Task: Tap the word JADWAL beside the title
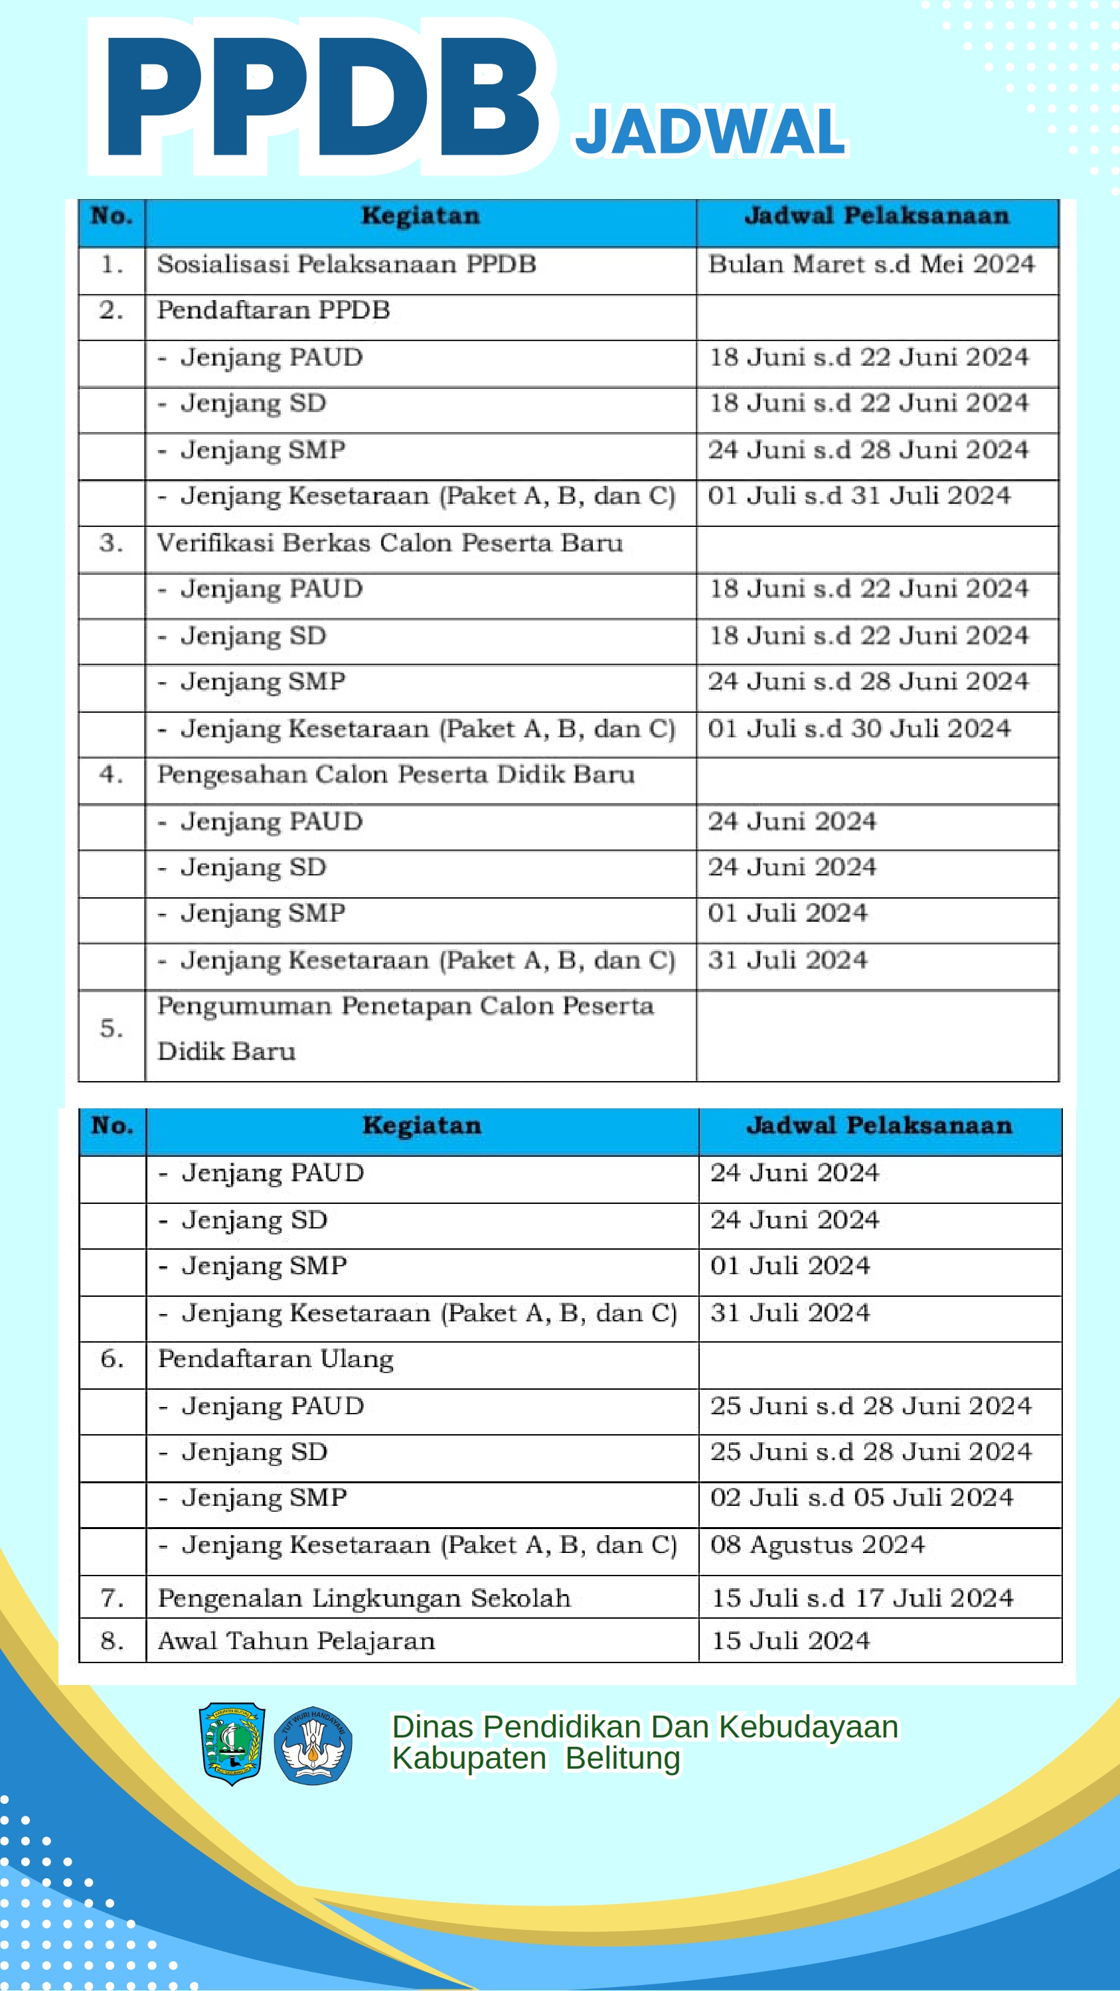pyautogui.click(x=710, y=131)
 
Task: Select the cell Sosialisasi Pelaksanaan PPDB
pyautogui.click(x=347, y=264)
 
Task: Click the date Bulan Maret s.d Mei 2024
pyautogui.click(x=871, y=264)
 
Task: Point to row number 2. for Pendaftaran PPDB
pyautogui.click(x=112, y=311)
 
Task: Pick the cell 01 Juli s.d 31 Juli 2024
pyautogui.click(x=858, y=496)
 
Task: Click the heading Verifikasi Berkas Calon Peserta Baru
pyautogui.click(x=390, y=543)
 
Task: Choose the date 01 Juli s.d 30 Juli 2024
pyautogui.click(x=858, y=728)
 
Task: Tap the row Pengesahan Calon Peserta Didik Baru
pyautogui.click(x=396, y=774)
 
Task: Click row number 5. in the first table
pyautogui.click(x=112, y=1029)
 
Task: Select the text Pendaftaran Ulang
pyautogui.click(x=276, y=1359)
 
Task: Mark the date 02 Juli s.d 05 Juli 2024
pyautogui.click(x=861, y=1497)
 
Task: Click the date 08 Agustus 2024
pyautogui.click(x=817, y=1544)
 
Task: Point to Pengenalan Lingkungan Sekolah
pyautogui.click(x=364, y=1597)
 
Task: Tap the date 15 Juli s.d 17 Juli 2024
pyautogui.click(x=862, y=1597)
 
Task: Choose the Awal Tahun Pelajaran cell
pyautogui.click(x=296, y=1641)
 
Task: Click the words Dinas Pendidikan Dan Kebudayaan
pyautogui.click(x=645, y=1727)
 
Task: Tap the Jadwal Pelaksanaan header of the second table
pyautogui.click(x=879, y=1126)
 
